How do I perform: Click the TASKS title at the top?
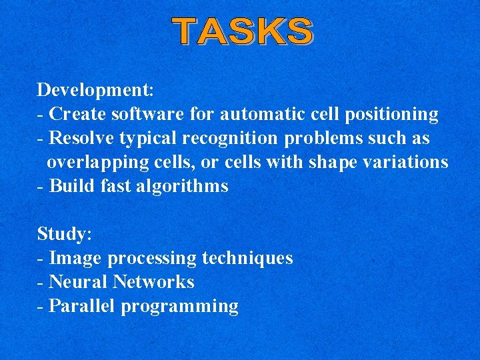point(243,31)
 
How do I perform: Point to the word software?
point(147,114)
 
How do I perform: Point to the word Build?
point(72,186)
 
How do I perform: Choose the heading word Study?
point(64,235)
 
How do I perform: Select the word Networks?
point(153,282)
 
